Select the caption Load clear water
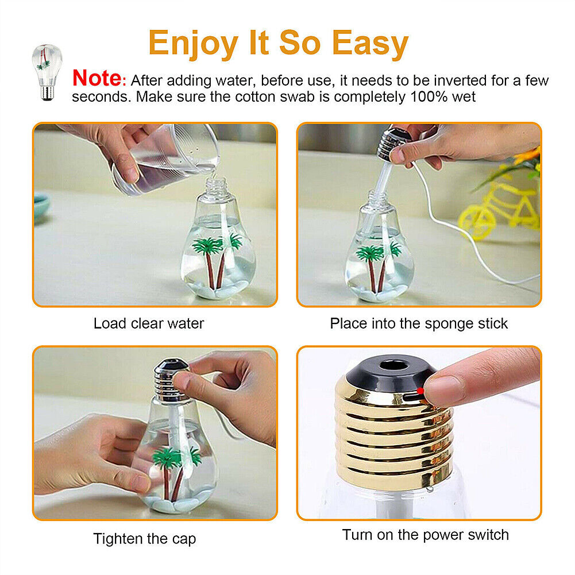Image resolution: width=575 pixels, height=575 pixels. pyautogui.click(x=148, y=323)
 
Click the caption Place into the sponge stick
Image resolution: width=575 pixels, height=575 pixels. pyautogui.click(x=419, y=323)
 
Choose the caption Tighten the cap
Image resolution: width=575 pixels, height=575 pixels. pyautogui.click(x=144, y=539)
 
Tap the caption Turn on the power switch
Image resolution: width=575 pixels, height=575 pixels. pyautogui.click(x=426, y=535)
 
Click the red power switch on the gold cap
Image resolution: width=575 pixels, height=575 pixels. pyautogui.click(x=420, y=391)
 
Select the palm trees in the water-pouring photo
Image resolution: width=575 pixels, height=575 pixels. pyautogui.click(x=217, y=256)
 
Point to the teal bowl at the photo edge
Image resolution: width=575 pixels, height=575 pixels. pyautogui.click(x=41, y=207)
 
